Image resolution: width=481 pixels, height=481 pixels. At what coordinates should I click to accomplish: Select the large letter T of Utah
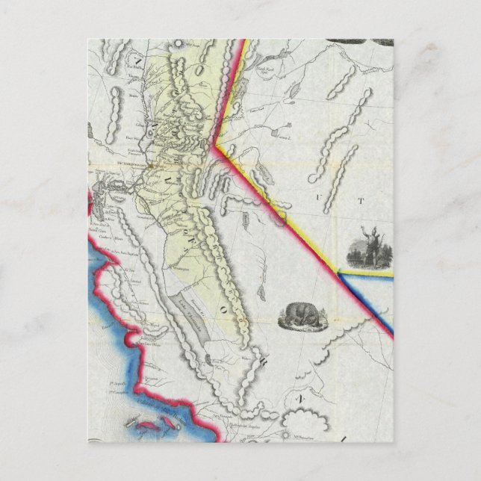[x=361, y=200]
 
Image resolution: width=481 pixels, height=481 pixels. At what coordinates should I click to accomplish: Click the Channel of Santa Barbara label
[x=166, y=404]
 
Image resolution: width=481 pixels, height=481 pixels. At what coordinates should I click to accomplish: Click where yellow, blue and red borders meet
[x=338, y=274]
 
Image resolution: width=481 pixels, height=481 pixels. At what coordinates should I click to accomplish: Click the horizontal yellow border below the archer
[x=366, y=274]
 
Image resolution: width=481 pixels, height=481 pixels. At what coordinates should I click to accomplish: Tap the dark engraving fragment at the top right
[x=366, y=43]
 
